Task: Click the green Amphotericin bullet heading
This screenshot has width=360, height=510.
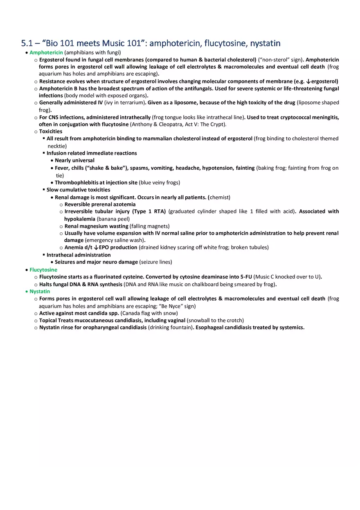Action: tap(46, 52)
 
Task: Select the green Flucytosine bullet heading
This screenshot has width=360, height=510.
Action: tap(43, 270)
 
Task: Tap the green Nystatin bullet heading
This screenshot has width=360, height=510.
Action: tap(40, 292)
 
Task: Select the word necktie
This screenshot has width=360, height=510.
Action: tap(57, 146)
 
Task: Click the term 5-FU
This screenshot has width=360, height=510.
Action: tap(246, 277)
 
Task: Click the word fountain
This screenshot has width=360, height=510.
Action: tap(180, 328)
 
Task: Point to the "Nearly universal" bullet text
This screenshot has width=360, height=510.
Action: tap(74, 160)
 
